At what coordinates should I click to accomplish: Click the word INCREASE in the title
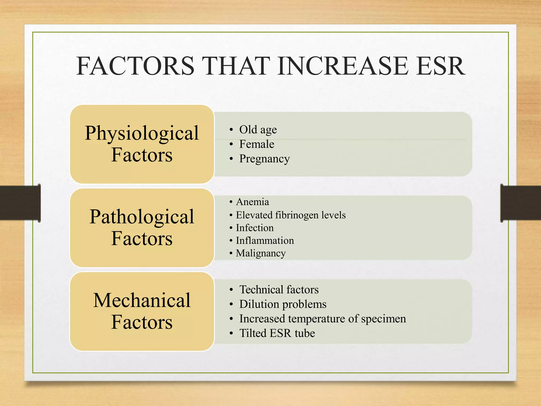click(343, 66)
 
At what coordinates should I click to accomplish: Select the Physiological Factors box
click(142, 144)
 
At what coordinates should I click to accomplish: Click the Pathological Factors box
click(142, 228)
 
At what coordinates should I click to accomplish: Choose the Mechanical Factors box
click(142, 311)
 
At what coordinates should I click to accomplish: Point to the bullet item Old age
click(258, 130)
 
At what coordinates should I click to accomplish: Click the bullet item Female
click(256, 144)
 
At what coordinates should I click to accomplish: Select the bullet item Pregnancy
click(264, 159)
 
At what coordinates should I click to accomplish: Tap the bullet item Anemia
click(252, 202)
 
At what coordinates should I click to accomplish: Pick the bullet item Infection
click(255, 228)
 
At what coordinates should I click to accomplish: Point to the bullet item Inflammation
click(265, 241)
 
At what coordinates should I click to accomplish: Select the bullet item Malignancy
click(261, 253)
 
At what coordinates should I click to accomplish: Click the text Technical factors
click(279, 290)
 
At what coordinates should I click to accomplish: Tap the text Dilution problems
click(283, 304)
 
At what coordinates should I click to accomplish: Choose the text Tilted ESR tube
click(277, 333)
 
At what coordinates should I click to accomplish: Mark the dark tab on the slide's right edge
click(520, 203)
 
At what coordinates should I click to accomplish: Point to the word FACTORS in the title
click(135, 66)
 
